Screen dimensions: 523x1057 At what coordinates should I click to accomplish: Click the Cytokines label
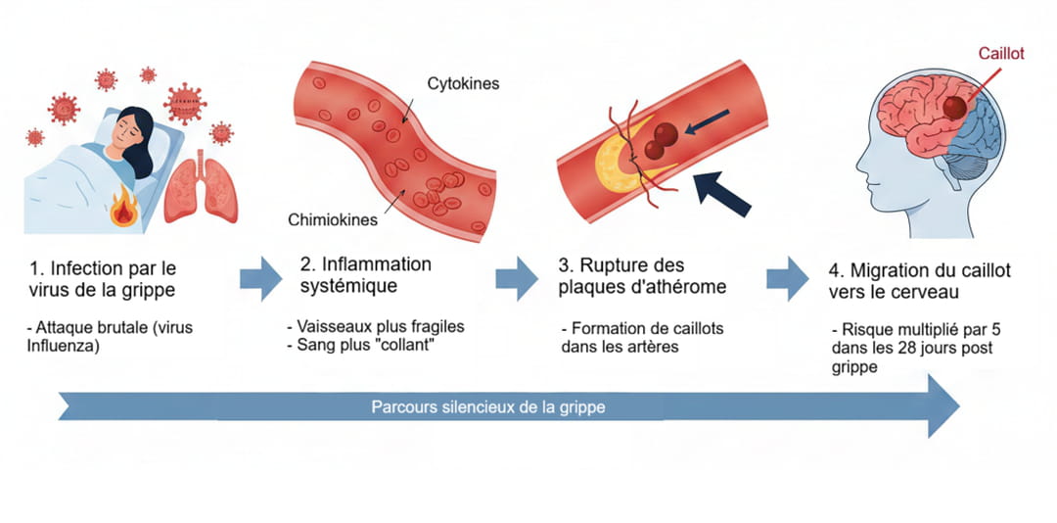463,84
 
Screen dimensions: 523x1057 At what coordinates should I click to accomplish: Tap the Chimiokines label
333,219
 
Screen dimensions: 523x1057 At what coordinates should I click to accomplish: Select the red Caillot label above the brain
1000,54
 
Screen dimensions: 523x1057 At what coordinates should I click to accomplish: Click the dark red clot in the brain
953,108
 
